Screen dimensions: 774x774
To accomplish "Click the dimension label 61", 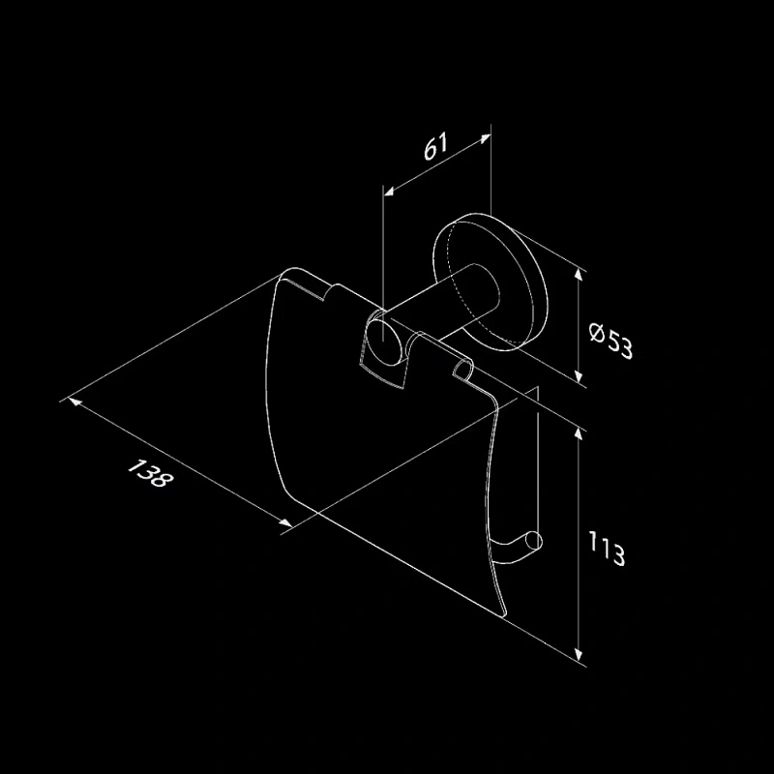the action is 436,146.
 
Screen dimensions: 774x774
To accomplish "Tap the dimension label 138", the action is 151,473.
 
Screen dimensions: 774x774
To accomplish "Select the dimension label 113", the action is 607,548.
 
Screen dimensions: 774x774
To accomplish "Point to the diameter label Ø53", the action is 610,341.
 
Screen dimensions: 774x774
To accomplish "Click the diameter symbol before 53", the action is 597,333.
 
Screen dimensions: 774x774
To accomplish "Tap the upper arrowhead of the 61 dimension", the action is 486,138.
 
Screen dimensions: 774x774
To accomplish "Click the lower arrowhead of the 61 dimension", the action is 389,191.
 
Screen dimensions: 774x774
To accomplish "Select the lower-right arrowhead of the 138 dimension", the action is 285,522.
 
